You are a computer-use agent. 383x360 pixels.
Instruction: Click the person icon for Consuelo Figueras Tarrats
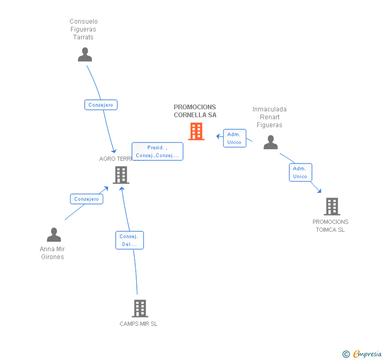point(85,55)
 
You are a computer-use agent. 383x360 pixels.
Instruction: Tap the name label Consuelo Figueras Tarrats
point(84,29)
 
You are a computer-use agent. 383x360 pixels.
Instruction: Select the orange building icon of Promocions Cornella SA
point(196,131)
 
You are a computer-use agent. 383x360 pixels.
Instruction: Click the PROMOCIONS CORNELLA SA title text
point(195,111)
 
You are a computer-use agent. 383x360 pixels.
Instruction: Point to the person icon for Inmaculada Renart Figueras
point(270,142)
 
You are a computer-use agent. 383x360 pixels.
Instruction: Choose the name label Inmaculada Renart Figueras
point(269,117)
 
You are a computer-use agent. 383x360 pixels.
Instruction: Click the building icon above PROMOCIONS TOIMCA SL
point(332,207)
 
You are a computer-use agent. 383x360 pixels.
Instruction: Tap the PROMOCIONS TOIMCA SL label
point(330,225)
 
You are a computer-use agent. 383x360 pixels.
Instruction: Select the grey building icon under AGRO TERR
point(121,174)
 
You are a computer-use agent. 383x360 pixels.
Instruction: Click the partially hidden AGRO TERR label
point(115,159)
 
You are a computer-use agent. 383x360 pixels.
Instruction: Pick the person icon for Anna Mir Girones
point(54,234)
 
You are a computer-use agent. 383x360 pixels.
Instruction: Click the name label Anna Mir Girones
point(53,253)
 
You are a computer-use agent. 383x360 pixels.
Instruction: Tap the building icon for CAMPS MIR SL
point(139,308)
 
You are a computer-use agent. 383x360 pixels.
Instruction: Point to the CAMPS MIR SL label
point(138,324)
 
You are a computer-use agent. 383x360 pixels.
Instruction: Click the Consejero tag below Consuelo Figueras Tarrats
point(100,105)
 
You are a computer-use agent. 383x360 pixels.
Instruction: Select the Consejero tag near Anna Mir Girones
point(86,199)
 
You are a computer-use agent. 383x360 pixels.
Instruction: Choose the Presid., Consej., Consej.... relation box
point(157,151)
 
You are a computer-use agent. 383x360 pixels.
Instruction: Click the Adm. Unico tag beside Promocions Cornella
point(234,138)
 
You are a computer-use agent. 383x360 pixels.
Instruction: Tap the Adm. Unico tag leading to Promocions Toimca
point(300,172)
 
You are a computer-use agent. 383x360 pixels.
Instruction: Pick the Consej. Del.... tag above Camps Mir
point(129,240)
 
